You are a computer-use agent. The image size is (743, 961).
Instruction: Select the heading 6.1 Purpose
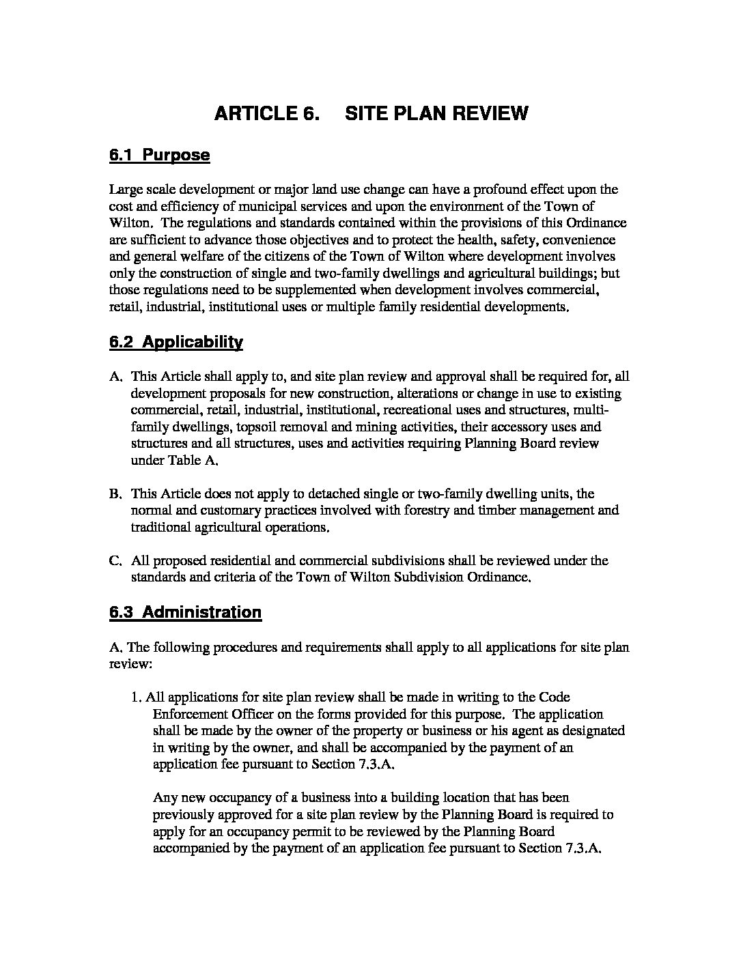[x=159, y=156]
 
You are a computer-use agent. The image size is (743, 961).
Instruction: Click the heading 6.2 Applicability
[x=176, y=343]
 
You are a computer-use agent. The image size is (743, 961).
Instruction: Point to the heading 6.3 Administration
[x=185, y=612]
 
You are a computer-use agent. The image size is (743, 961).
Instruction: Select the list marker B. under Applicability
[x=115, y=493]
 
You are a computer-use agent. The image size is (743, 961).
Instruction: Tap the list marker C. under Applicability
[x=115, y=561]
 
